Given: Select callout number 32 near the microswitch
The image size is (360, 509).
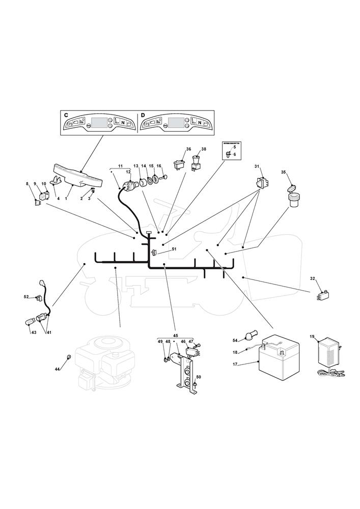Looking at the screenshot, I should point(313,278).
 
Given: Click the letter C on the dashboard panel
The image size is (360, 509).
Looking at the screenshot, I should point(66,116).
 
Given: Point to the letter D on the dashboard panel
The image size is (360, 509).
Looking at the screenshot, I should point(143,116).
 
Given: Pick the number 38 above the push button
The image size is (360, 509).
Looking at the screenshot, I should point(204,149).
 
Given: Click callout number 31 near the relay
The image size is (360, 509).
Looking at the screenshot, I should point(257,166).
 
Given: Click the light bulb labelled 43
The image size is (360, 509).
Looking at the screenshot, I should point(31,322).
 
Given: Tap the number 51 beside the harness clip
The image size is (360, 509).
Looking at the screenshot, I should point(174,249).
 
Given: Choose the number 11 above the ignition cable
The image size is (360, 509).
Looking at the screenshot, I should point(120,166).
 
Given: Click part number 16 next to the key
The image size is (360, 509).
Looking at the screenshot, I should point(159,166).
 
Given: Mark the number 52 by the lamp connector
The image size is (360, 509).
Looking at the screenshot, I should point(26,296).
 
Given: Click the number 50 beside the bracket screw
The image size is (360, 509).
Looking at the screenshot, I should point(199,377).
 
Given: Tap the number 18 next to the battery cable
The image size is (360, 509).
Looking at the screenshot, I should point(235,352).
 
